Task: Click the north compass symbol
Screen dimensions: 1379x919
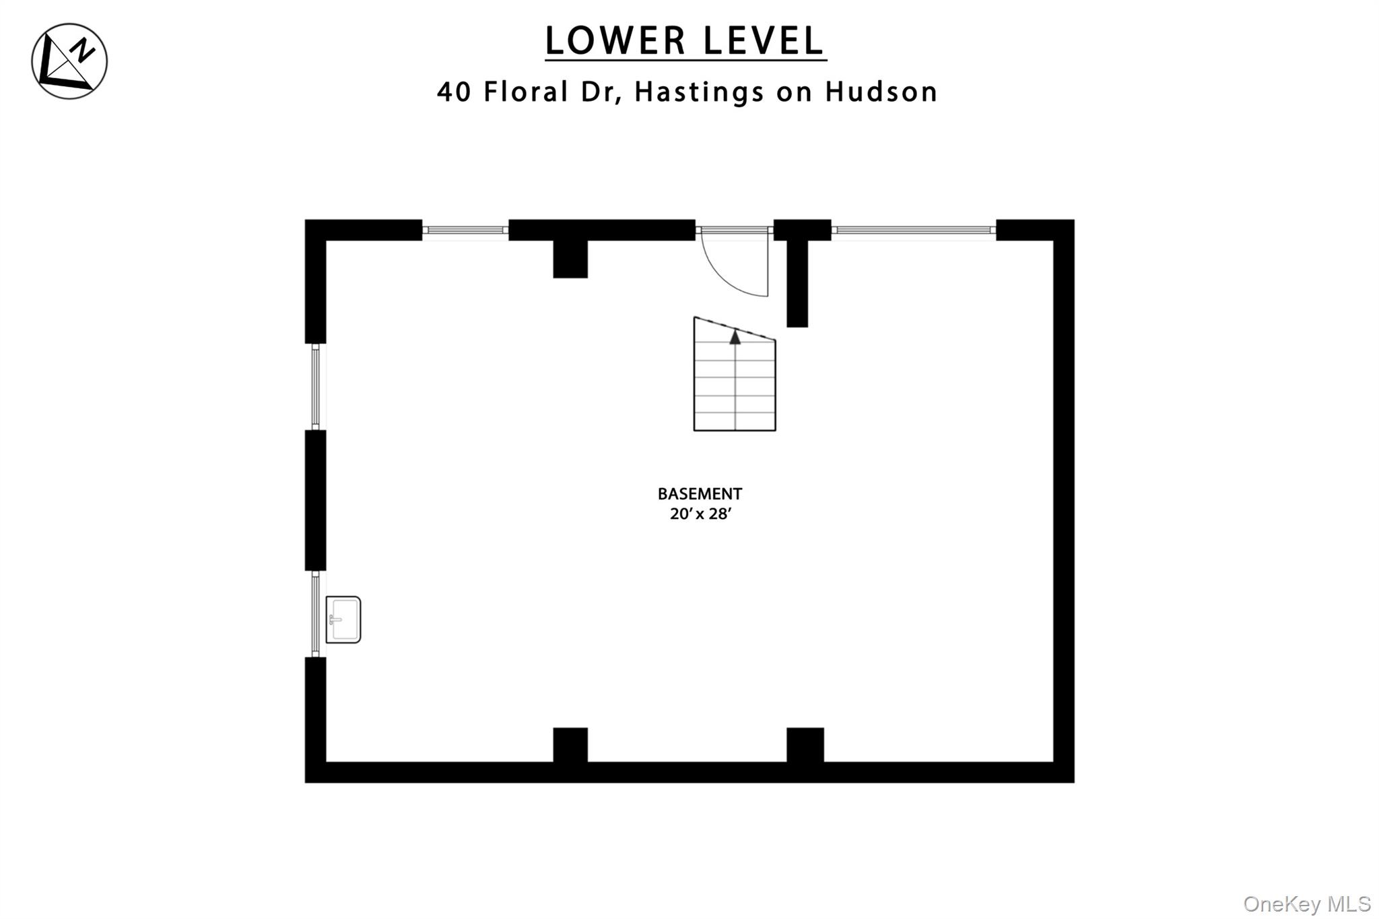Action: point(69,61)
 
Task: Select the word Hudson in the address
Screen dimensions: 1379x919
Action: point(881,92)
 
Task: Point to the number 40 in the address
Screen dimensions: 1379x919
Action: point(455,92)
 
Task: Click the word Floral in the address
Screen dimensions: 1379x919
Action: point(527,92)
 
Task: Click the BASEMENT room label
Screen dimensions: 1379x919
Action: point(700,493)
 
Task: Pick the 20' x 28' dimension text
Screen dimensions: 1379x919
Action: point(700,514)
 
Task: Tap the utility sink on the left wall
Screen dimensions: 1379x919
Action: point(343,619)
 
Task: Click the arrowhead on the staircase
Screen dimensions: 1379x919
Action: point(735,337)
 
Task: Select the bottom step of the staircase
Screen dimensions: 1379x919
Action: point(735,421)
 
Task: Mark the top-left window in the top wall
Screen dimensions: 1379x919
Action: point(465,230)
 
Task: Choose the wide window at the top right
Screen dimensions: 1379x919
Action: point(914,230)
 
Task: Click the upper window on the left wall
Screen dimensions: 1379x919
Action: point(315,387)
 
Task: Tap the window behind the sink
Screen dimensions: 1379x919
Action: point(315,614)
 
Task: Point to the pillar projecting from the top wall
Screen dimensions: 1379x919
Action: point(570,259)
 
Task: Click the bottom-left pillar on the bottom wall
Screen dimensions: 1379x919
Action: point(570,745)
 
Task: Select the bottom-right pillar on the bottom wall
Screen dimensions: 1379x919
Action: point(805,745)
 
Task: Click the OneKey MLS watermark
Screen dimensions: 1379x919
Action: point(1307,904)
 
